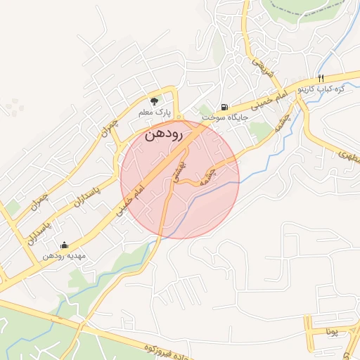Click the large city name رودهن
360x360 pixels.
tap(164, 134)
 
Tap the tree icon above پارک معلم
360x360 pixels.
tap(155, 101)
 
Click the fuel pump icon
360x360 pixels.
tap(224, 106)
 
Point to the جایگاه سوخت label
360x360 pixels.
tap(225, 117)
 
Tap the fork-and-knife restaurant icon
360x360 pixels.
tap(321, 78)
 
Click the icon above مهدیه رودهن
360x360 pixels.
tap(65, 245)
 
